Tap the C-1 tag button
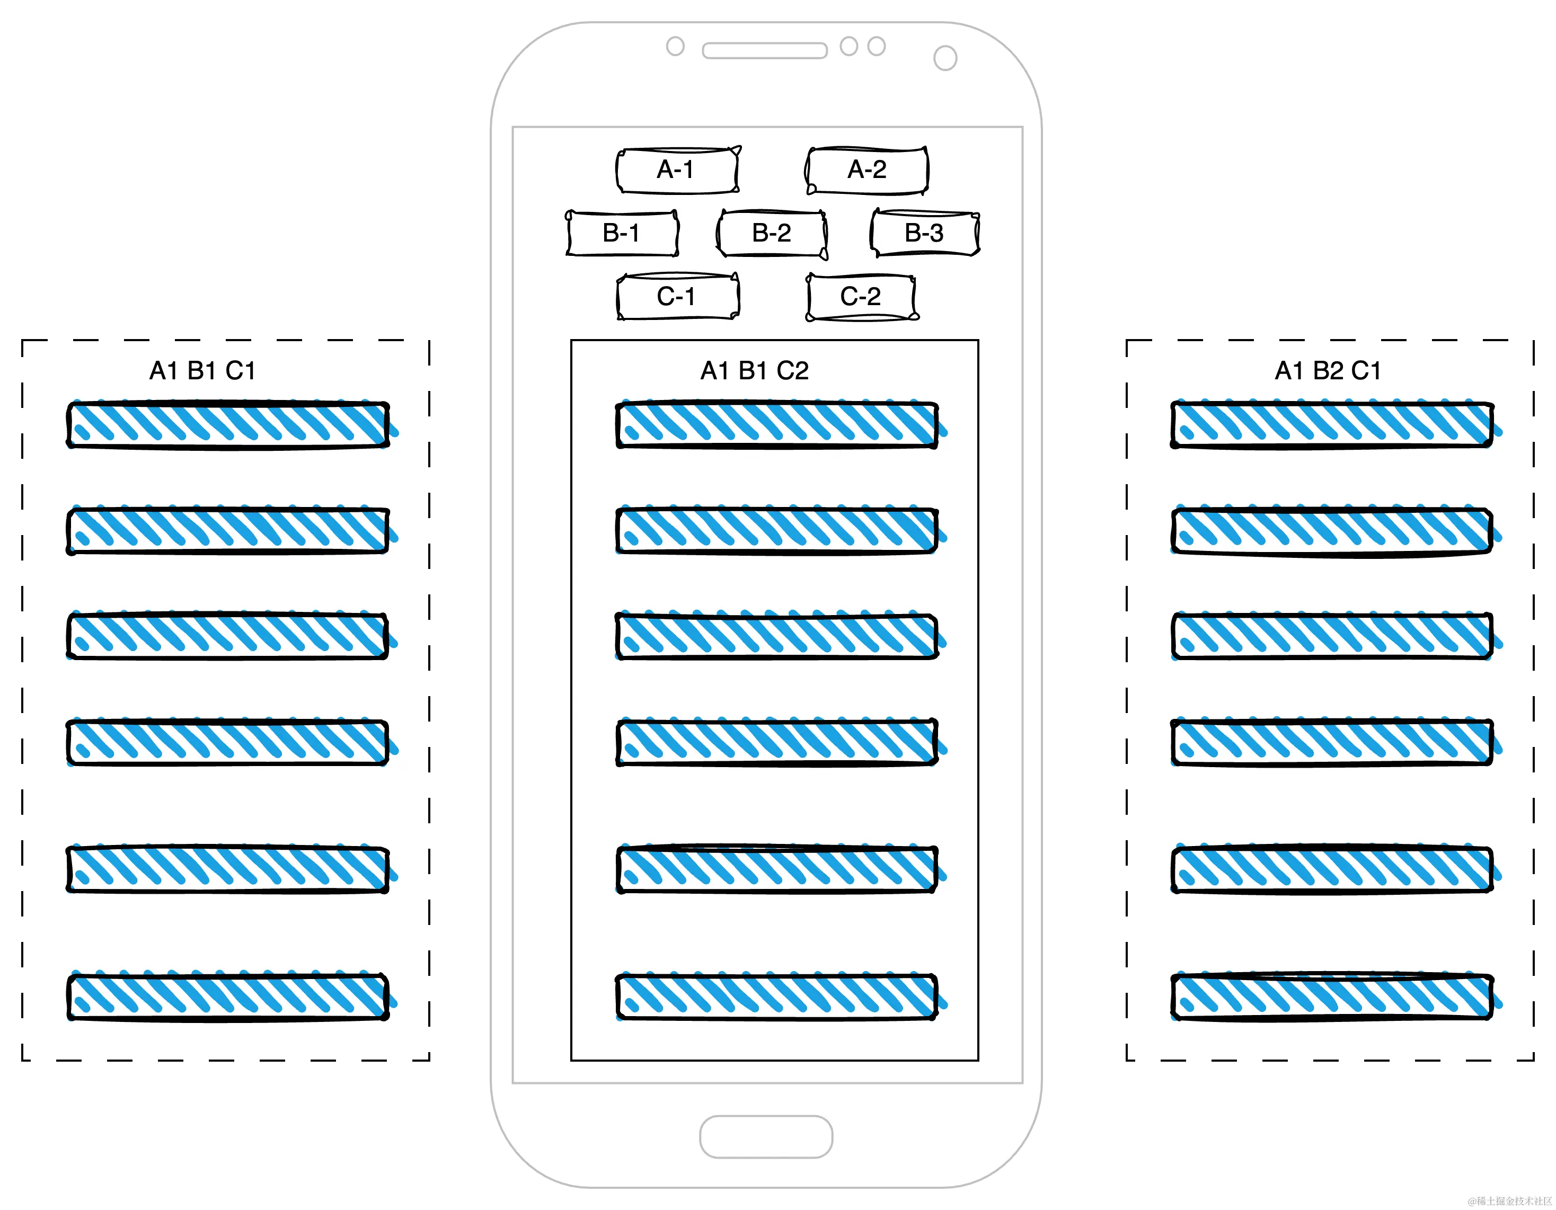click(x=677, y=296)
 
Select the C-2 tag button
click(x=861, y=296)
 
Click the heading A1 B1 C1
click(x=202, y=371)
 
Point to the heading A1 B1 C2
click(x=755, y=371)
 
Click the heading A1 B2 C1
click(x=1327, y=371)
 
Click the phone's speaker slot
click(x=764, y=50)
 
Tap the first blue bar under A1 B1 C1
click(x=228, y=425)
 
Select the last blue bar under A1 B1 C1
click(x=228, y=997)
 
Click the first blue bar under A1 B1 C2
click(x=776, y=425)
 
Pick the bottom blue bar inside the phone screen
click(x=776, y=997)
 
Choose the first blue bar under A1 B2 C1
click(x=1332, y=425)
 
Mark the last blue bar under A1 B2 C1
click(x=1332, y=997)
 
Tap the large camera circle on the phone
click(x=945, y=58)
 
